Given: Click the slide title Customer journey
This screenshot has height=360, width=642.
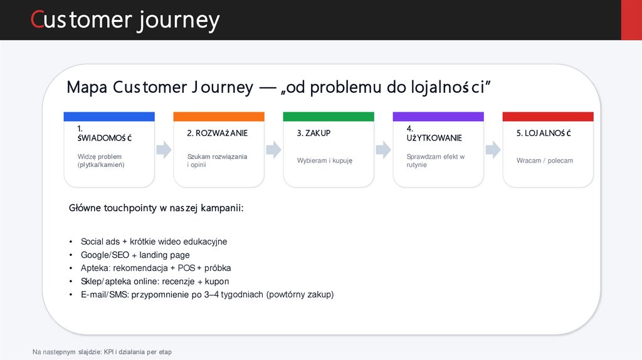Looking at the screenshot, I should click(125, 20).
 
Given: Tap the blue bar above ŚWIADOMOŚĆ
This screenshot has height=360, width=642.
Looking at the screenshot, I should click(109, 117).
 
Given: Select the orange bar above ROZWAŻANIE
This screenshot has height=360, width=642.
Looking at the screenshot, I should click(219, 117).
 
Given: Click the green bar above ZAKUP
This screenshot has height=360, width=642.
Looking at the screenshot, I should click(329, 117).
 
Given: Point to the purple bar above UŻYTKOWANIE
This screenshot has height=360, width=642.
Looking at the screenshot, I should click(438, 117).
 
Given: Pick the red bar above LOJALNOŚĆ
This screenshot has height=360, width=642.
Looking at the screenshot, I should click(548, 117).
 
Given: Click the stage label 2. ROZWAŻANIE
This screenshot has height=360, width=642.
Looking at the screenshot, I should click(217, 133).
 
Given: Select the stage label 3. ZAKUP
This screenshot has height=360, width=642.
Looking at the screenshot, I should click(313, 133).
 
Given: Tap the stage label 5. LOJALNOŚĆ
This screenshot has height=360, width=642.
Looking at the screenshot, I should click(544, 133).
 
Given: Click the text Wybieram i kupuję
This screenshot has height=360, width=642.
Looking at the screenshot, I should click(325, 161).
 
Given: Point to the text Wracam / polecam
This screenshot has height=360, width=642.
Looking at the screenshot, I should click(544, 161).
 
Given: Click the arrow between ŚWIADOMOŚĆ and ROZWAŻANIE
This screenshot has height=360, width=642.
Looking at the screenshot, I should click(164, 149).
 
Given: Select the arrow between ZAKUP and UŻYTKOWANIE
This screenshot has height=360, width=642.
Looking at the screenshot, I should click(383, 149).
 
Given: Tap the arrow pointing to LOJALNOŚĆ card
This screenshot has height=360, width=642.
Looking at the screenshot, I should click(493, 149).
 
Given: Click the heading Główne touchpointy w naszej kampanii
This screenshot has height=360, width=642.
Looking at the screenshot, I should click(155, 208).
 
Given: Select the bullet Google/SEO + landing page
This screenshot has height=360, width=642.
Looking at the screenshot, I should click(135, 255).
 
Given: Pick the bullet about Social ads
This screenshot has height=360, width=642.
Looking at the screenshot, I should click(154, 241).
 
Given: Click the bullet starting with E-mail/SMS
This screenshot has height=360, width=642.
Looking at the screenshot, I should click(207, 294).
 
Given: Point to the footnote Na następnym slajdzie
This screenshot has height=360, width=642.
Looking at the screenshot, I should click(102, 352).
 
